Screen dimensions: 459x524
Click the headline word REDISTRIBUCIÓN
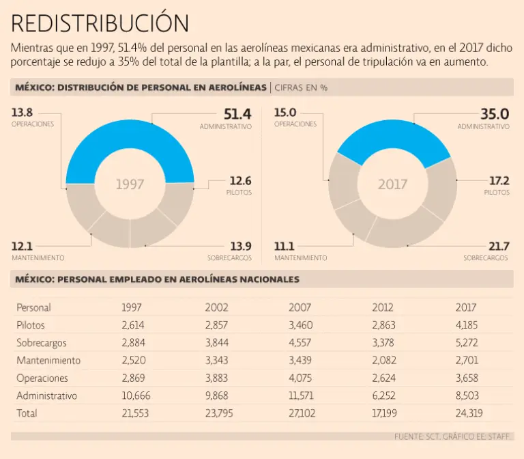100,23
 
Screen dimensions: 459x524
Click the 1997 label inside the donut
130,184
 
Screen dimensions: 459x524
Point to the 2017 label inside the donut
392,184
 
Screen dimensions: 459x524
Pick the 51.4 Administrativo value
237,114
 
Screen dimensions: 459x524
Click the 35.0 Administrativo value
495,114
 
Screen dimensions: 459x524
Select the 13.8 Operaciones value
23,112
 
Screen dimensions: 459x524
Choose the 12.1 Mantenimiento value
23,246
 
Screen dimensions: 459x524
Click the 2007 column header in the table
300,307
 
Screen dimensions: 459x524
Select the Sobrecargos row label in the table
42,343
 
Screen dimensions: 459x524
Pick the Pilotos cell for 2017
467,325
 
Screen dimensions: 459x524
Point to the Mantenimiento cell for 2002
218,361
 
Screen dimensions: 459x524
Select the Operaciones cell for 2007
301,378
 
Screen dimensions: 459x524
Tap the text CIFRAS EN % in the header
302,88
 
